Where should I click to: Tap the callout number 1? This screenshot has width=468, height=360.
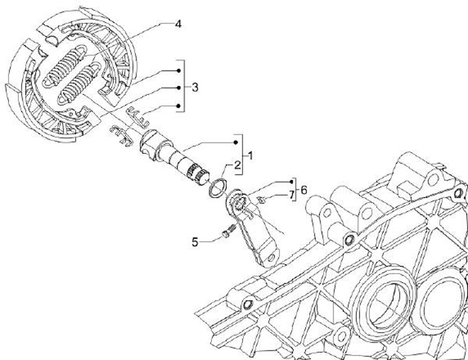coord(250,157)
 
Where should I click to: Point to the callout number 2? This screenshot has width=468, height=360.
coord(238,165)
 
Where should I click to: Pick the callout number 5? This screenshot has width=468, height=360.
coord(194,243)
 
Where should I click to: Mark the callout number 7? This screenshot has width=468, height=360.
coord(292,195)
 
